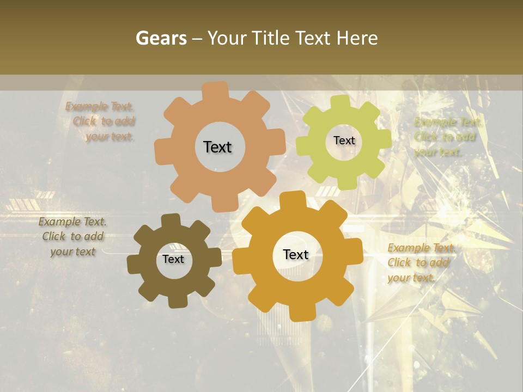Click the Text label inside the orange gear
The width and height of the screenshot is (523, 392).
point(217,147)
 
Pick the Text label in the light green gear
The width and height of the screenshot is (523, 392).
point(344,140)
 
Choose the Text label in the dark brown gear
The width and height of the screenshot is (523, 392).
point(173,259)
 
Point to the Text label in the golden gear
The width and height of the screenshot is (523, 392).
point(296,254)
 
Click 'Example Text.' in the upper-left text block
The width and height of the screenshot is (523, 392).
point(100,107)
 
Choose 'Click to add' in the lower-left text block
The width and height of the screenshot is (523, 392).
point(73,237)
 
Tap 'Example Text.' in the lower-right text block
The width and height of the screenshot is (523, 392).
point(421,248)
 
